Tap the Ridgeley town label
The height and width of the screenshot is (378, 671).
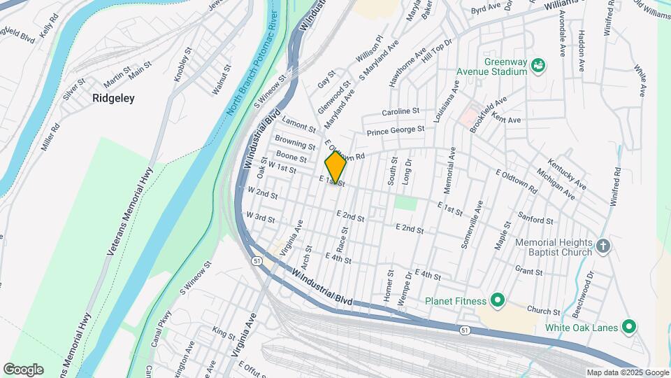(113, 99)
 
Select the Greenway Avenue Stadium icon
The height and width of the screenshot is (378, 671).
(538, 66)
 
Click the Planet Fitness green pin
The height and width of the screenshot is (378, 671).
(497, 301)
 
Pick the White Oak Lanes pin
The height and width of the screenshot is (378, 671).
(628, 327)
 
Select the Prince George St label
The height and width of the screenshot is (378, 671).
(396, 130)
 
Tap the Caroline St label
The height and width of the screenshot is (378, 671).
(400, 111)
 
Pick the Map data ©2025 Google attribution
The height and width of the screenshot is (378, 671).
(626, 372)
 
